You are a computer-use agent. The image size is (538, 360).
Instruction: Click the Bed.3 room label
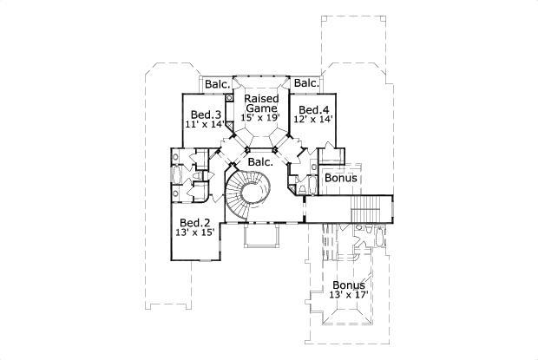[x=205, y=115]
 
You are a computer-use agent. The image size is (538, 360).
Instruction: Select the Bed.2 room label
[x=195, y=223]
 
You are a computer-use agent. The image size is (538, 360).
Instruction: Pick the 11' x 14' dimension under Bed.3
[x=205, y=125]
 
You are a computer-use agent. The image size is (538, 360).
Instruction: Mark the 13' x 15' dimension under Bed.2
[x=194, y=233]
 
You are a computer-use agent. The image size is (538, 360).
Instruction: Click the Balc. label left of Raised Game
[x=217, y=84]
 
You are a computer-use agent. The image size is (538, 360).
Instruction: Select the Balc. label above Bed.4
[x=305, y=83]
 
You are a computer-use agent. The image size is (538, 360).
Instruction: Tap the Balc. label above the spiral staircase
[x=260, y=161]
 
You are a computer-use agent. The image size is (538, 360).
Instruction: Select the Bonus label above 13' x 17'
[x=347, y=285]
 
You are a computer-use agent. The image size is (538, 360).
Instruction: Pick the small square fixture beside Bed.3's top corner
[x=229, y=98]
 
